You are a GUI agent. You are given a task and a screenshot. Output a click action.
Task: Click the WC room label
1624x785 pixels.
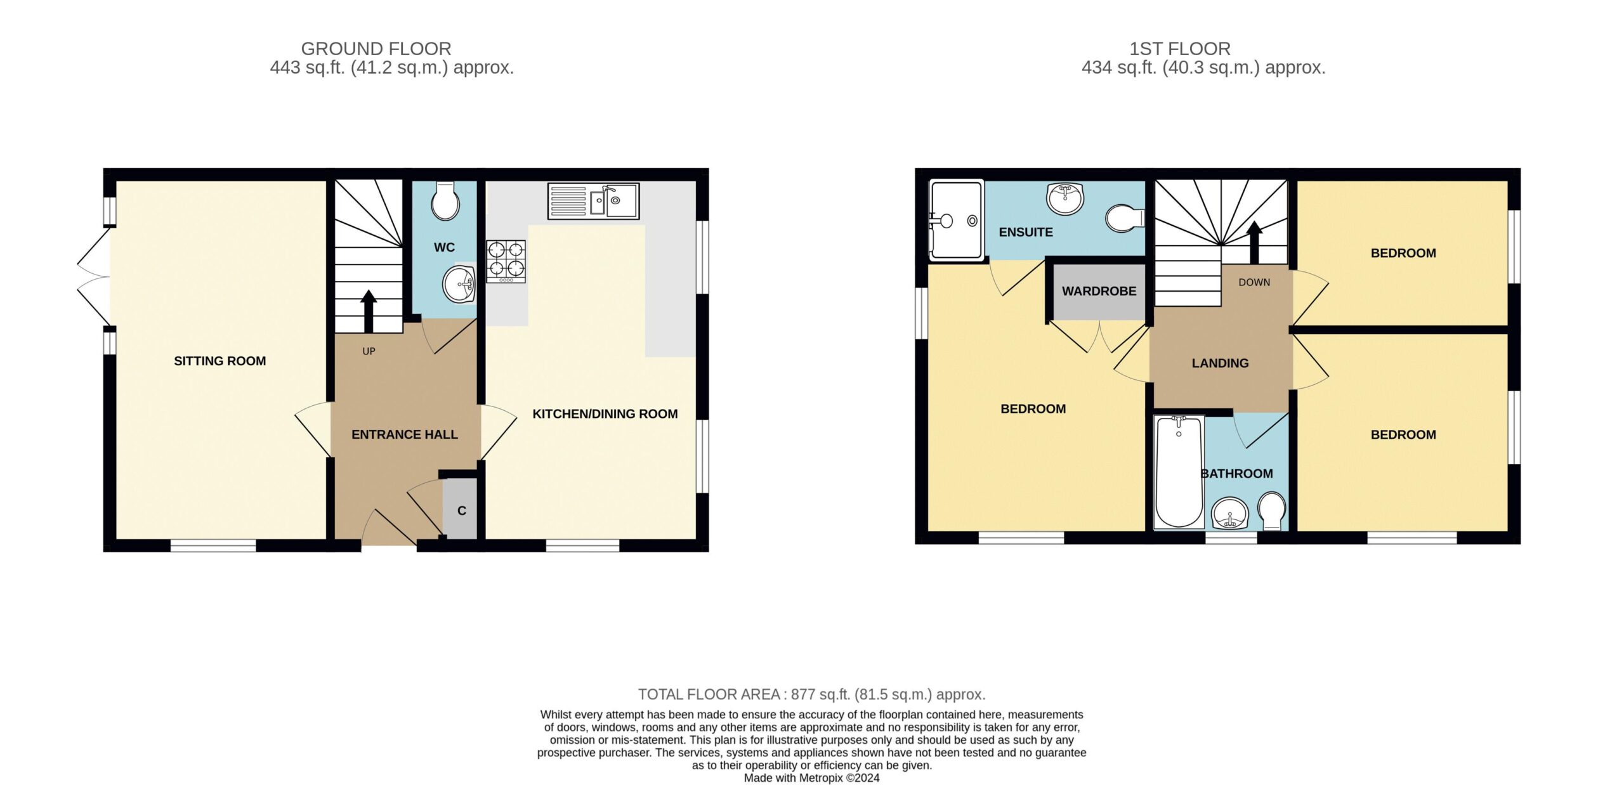(444, 247)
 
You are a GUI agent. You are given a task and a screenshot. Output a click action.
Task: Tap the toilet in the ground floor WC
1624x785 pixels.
(445, 200)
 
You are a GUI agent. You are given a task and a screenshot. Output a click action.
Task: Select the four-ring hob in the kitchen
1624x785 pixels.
(506, 261)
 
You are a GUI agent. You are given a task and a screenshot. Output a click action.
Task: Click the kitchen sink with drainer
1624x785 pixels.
(593, 201)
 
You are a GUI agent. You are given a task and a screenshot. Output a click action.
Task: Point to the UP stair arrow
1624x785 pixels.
(368, 311)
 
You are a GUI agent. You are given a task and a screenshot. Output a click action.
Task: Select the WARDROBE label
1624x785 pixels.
(1099, 291)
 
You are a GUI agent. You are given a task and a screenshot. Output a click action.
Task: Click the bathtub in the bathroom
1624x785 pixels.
(1179, 472)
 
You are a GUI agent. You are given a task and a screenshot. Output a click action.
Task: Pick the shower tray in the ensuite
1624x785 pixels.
(956, 219)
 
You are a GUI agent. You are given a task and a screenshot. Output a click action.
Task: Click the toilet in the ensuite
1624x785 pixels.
(1125, 218)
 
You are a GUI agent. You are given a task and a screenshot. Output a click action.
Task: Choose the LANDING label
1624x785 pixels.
(1220, 363)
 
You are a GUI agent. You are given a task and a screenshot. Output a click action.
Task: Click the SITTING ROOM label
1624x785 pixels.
(220, 361)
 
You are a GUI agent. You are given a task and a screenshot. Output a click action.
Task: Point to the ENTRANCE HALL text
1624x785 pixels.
(405, 434)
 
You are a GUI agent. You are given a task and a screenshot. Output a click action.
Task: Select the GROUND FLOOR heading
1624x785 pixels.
(376, 49)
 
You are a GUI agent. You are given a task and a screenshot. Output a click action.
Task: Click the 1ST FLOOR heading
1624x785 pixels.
(1180, 49)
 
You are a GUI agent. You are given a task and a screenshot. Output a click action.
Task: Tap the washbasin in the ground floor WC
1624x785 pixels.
(459, 285)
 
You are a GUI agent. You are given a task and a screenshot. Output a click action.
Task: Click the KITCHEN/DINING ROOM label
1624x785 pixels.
(605, 414)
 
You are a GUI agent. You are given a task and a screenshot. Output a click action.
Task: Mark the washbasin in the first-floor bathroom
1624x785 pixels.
(1230, 513)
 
